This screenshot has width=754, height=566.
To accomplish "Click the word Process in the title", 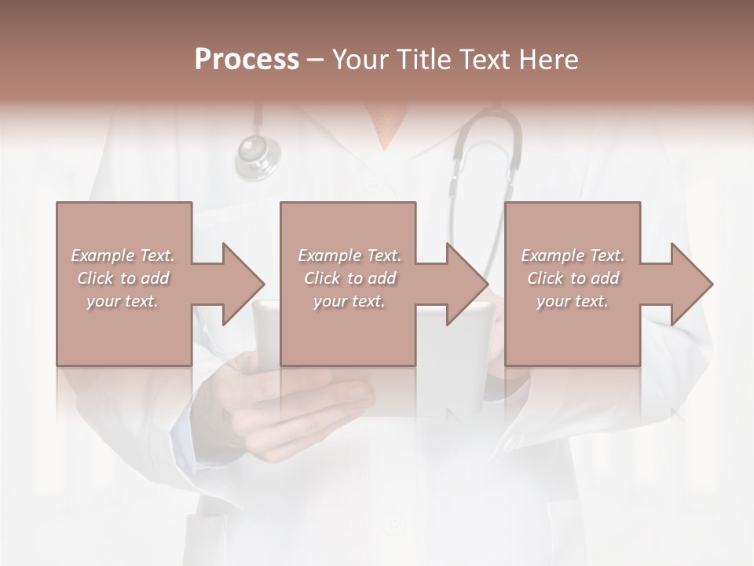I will (x=247, y=60).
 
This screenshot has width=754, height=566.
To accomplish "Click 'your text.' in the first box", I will (x=123, y=301).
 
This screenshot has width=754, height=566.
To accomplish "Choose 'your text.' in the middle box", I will (x=350, y=301).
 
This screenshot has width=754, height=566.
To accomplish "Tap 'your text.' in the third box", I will (x=573, y=301).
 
